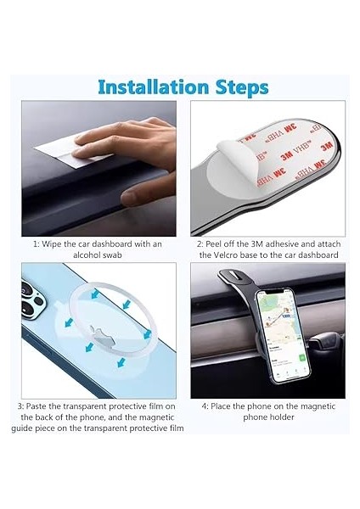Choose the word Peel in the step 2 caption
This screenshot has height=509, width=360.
(x=217, y=243)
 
